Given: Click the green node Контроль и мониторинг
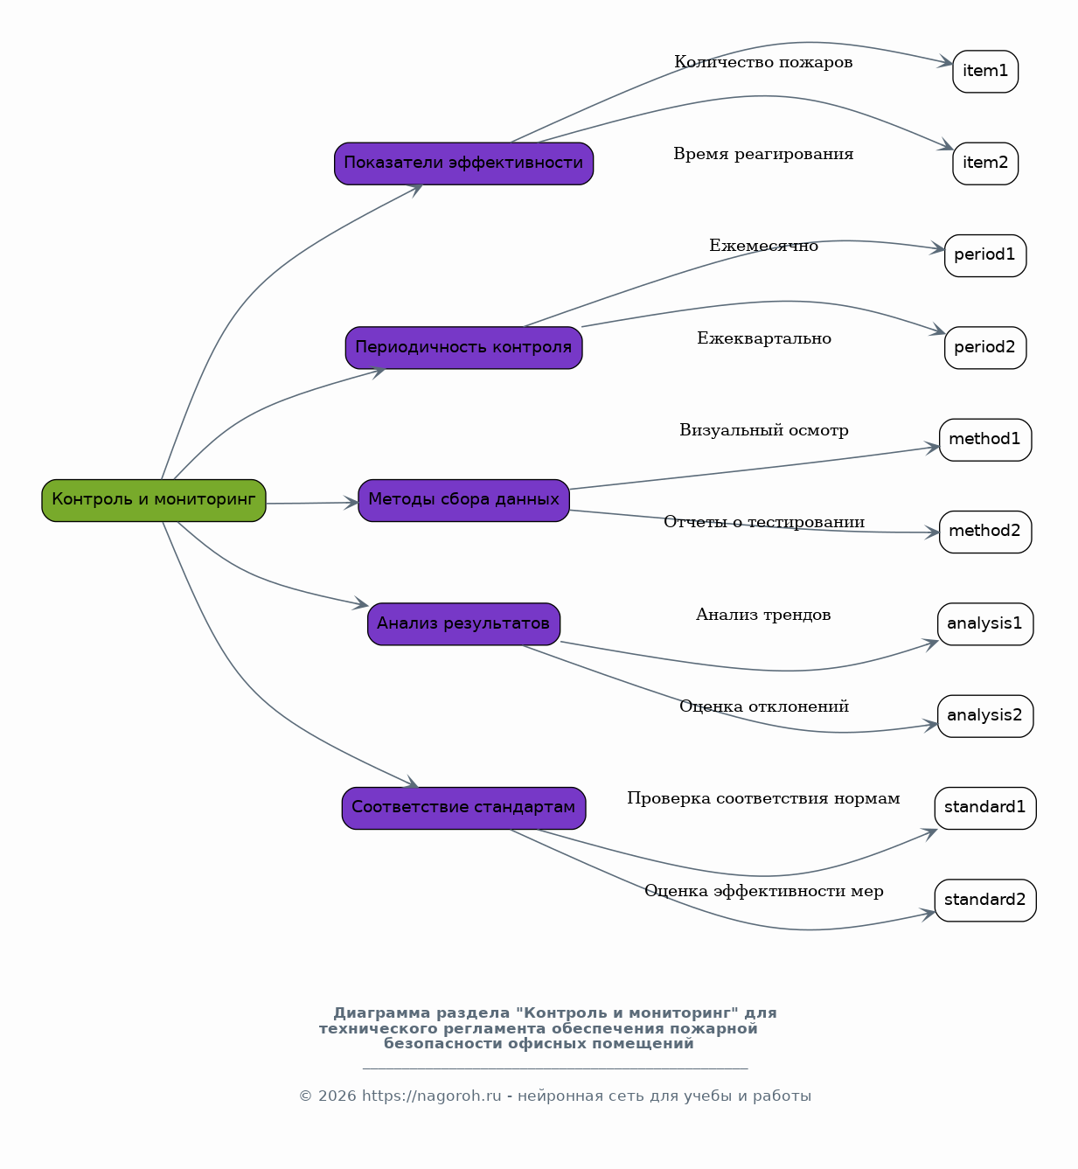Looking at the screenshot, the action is tap(154, 500).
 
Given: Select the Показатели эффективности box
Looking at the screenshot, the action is tap(464, 164).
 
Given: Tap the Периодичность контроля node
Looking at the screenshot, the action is tap(464, 348).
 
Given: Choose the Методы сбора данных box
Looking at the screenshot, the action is tap(464, 500).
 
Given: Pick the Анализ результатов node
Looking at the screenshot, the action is tap(464, 624).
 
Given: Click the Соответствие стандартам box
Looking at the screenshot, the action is tap(464, 808).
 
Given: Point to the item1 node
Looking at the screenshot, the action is tap(985, 71).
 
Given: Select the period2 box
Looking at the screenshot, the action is tap(985, 348).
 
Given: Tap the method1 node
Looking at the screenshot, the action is tap(985, 440).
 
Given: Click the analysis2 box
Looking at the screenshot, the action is tap(985, 716).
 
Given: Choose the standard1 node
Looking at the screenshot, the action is tap(985, 808).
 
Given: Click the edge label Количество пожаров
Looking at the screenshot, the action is tap(763, 62).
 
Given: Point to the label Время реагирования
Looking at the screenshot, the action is tap(763, 154).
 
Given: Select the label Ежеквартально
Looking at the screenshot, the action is tap(764, 338).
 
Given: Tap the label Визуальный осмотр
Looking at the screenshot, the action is tap(764, 430).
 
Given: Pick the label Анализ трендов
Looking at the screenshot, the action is tap(763, 615).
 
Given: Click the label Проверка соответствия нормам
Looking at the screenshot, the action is tap(763, 799).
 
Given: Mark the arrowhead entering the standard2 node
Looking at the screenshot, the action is tap(928, 914).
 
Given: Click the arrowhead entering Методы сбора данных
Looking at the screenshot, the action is tap(351, 503).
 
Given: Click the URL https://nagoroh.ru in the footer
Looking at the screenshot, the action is tap(432, 1096).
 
